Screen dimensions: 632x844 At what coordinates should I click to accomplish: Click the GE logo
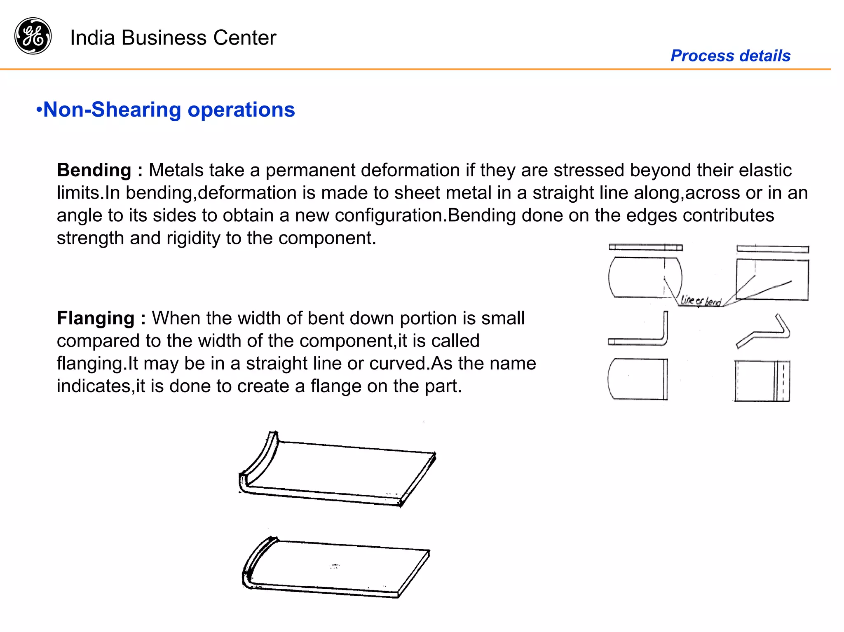[x=33, y=36]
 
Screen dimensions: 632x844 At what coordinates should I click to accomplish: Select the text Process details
[x=730, y=56]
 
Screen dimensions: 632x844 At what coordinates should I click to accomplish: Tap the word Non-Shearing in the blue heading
[x=112, y=110]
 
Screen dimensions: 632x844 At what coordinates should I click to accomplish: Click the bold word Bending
[x=94, y=170]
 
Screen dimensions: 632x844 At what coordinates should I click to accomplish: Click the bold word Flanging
[x=96, y=318]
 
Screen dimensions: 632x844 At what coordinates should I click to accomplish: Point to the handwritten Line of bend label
[x=701, y=301]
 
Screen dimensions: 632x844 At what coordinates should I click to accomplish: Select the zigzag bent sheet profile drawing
[x=763, y=332]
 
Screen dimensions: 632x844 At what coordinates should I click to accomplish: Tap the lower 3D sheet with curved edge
[x=336, y=568]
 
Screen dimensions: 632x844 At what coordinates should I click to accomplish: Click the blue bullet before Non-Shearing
[x=39, y=110]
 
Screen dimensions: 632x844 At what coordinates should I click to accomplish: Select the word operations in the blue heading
[x=241, y=110]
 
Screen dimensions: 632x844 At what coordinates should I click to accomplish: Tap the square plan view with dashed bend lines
[x=762, y=381]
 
